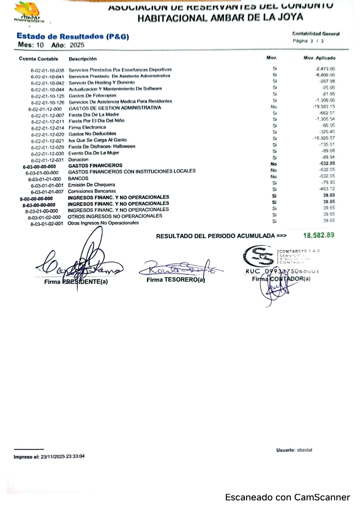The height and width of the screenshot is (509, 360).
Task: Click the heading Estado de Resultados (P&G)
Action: click(x=73, y=37)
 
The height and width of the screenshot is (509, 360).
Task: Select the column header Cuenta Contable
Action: click(x=39, y=59)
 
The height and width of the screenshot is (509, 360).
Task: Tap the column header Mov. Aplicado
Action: click(x=319, y=58)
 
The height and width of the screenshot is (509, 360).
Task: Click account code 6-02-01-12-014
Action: click(x=48, y=128)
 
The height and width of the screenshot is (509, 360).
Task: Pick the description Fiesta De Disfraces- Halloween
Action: click(x=102, y=147)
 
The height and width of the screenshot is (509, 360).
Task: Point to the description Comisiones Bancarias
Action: click(x=92, y=191)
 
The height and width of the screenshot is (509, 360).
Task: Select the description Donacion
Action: click(x=78, y=160)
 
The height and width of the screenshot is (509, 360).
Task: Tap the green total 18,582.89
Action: click(x=318, y=235)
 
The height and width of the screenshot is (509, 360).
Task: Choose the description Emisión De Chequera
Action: click(x=91, y=185)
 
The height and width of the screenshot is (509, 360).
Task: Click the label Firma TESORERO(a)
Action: click(x=176, y=280)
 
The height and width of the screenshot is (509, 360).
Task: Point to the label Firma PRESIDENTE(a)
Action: click(x=76, y=282)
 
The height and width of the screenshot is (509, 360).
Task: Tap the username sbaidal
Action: click(x=304, y=450)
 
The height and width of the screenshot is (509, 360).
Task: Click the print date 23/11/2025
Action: click(x=53, y=456)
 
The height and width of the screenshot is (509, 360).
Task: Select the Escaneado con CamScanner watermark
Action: click(x=287, y=497)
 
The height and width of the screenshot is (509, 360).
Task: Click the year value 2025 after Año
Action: click(x=77, y=45)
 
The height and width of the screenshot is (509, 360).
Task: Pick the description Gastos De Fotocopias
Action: click(x=92, y=96)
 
